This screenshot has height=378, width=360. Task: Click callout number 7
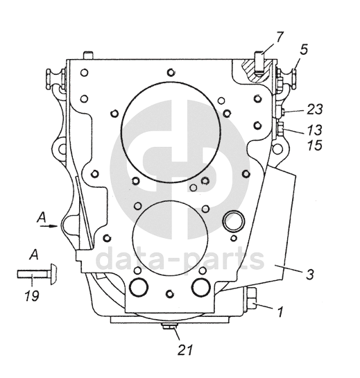click(279, 37)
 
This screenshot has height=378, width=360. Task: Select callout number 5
click(304, 49)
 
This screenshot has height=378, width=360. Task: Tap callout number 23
click(315, 109)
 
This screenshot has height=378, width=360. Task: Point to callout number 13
click(315, 130)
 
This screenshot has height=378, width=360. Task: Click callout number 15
click(315, 145)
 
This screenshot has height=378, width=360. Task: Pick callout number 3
click(310, 274)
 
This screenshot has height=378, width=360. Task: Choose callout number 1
click(280, 311)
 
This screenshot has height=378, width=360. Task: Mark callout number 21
click(185, 350)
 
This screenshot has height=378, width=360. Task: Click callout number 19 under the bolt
click(32, 295)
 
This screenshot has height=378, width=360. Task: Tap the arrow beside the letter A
click(49, 226)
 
